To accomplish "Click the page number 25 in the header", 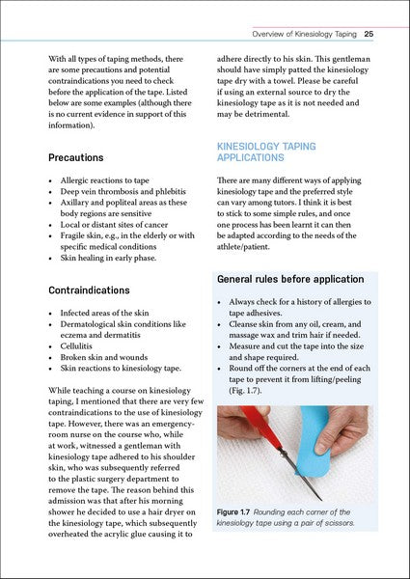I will point(369,35).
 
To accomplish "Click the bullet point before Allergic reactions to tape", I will point(50,180).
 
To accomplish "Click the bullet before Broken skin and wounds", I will point(50,355).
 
